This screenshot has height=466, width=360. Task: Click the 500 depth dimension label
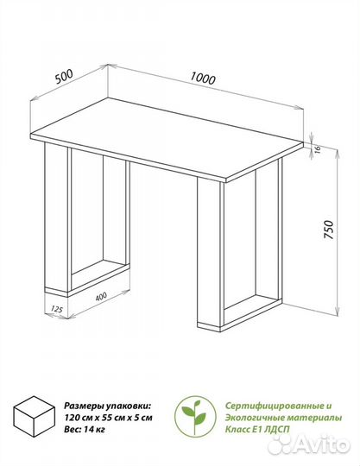pyautogui.click(x=64, y=77)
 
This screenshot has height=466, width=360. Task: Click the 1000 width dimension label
pyautogui.click(x=202, y=79)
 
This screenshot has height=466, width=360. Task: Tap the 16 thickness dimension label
pyautogui.click(x=316, y=149)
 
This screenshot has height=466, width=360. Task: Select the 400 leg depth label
pyautogui.click(x=101, y=296)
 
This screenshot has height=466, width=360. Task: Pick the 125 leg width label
pyautogui.click(x=57, y=309)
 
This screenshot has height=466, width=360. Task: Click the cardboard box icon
pyautogui.click(x=35, y=416)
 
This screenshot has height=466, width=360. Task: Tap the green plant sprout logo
pyautogui.click(x=195, y=416)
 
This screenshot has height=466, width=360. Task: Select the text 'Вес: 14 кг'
pyautogui.click(x=85, y=430)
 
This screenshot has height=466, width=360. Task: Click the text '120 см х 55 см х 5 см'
pyautogui.click(x=108, y=418)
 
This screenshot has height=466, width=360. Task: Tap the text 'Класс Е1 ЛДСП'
pyautogui.click(x=257, y=430)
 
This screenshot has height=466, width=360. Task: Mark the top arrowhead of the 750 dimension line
pyautogui.click(x=337, y=153)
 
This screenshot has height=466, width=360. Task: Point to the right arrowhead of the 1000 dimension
pyautogui.click(x=300, y=108)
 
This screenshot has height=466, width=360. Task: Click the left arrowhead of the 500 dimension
pyautogui.click(x=35, y=98)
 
